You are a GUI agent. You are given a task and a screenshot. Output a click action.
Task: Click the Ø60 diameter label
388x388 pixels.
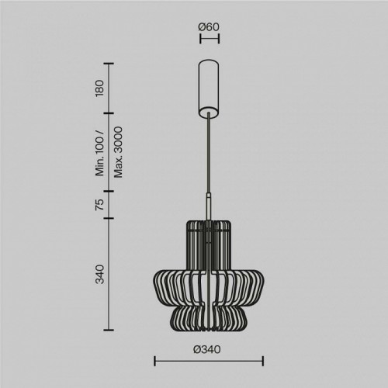click(209, 27)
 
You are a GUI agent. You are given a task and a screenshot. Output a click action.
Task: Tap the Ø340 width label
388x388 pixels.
click(207, 350)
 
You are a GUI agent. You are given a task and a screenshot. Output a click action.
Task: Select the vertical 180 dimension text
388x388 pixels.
click(99, 88)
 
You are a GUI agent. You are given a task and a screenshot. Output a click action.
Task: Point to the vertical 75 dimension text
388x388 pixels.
click(99, 204)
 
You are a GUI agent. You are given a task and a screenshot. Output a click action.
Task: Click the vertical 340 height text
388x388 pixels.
click(99, 275)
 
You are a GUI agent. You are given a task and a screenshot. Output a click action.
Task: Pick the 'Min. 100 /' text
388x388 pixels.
click(100, 153)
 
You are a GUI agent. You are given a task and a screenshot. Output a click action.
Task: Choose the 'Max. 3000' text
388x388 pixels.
click(118, 152)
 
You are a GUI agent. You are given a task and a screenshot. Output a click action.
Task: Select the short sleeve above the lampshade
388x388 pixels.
click(209, 206)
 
